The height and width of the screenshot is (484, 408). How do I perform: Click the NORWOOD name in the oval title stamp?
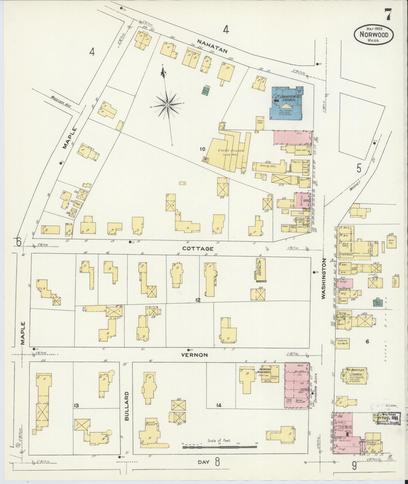tap(373, 35)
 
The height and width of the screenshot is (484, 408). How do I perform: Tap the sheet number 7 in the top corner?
tap(387, 14)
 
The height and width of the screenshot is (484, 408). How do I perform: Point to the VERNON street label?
tap(195, 355)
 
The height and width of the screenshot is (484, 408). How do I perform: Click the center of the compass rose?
tap(167, 104)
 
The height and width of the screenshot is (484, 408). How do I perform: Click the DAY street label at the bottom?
tap(204, 462)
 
